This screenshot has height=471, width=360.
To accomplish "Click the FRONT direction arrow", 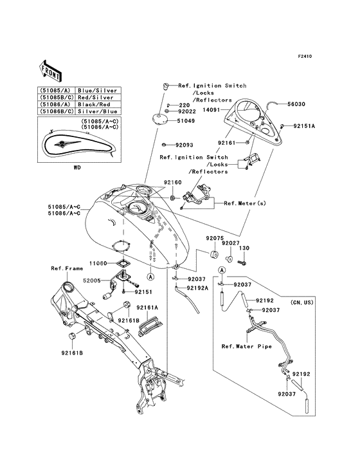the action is [x=50, y=71].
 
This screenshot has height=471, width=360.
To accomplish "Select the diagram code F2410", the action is [x=305, y=56].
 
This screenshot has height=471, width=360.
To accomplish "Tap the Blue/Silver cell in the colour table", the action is [x=97, y=91].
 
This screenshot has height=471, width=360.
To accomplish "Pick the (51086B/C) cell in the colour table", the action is [x=55, y=111].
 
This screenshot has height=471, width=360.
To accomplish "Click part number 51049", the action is [x=186, y=121].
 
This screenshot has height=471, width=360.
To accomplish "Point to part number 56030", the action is [x=296, y=104].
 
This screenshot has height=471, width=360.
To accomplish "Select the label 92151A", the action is [x=304, y=126].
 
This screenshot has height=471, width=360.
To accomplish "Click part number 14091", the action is [x=212, y=110].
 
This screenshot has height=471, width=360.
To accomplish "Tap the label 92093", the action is [x=184, y=145].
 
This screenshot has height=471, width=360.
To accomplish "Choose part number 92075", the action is [x=215, y=238].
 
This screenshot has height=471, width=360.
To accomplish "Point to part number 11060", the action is [x=98, y=263].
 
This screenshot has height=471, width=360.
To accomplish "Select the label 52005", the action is [x=92, y=281].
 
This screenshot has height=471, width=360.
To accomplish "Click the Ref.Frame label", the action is [x=67, y=268].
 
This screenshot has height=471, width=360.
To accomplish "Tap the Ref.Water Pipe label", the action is [x=247, y=346].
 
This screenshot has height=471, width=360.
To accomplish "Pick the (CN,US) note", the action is [x=301, y=302].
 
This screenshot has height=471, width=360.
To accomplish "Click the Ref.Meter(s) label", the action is [x=245, y=203].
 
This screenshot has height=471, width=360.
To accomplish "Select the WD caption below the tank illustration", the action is [x=77, y=167].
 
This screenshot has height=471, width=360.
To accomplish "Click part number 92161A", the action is [x=147, y=308].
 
